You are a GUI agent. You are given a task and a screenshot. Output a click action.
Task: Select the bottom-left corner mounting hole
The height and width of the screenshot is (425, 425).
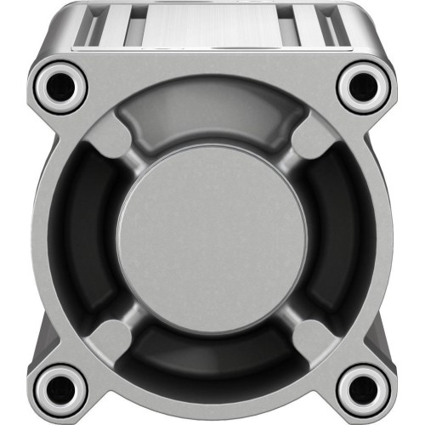(x=59, y=389)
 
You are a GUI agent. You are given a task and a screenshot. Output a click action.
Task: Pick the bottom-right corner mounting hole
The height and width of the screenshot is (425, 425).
(x=365, y=389)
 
